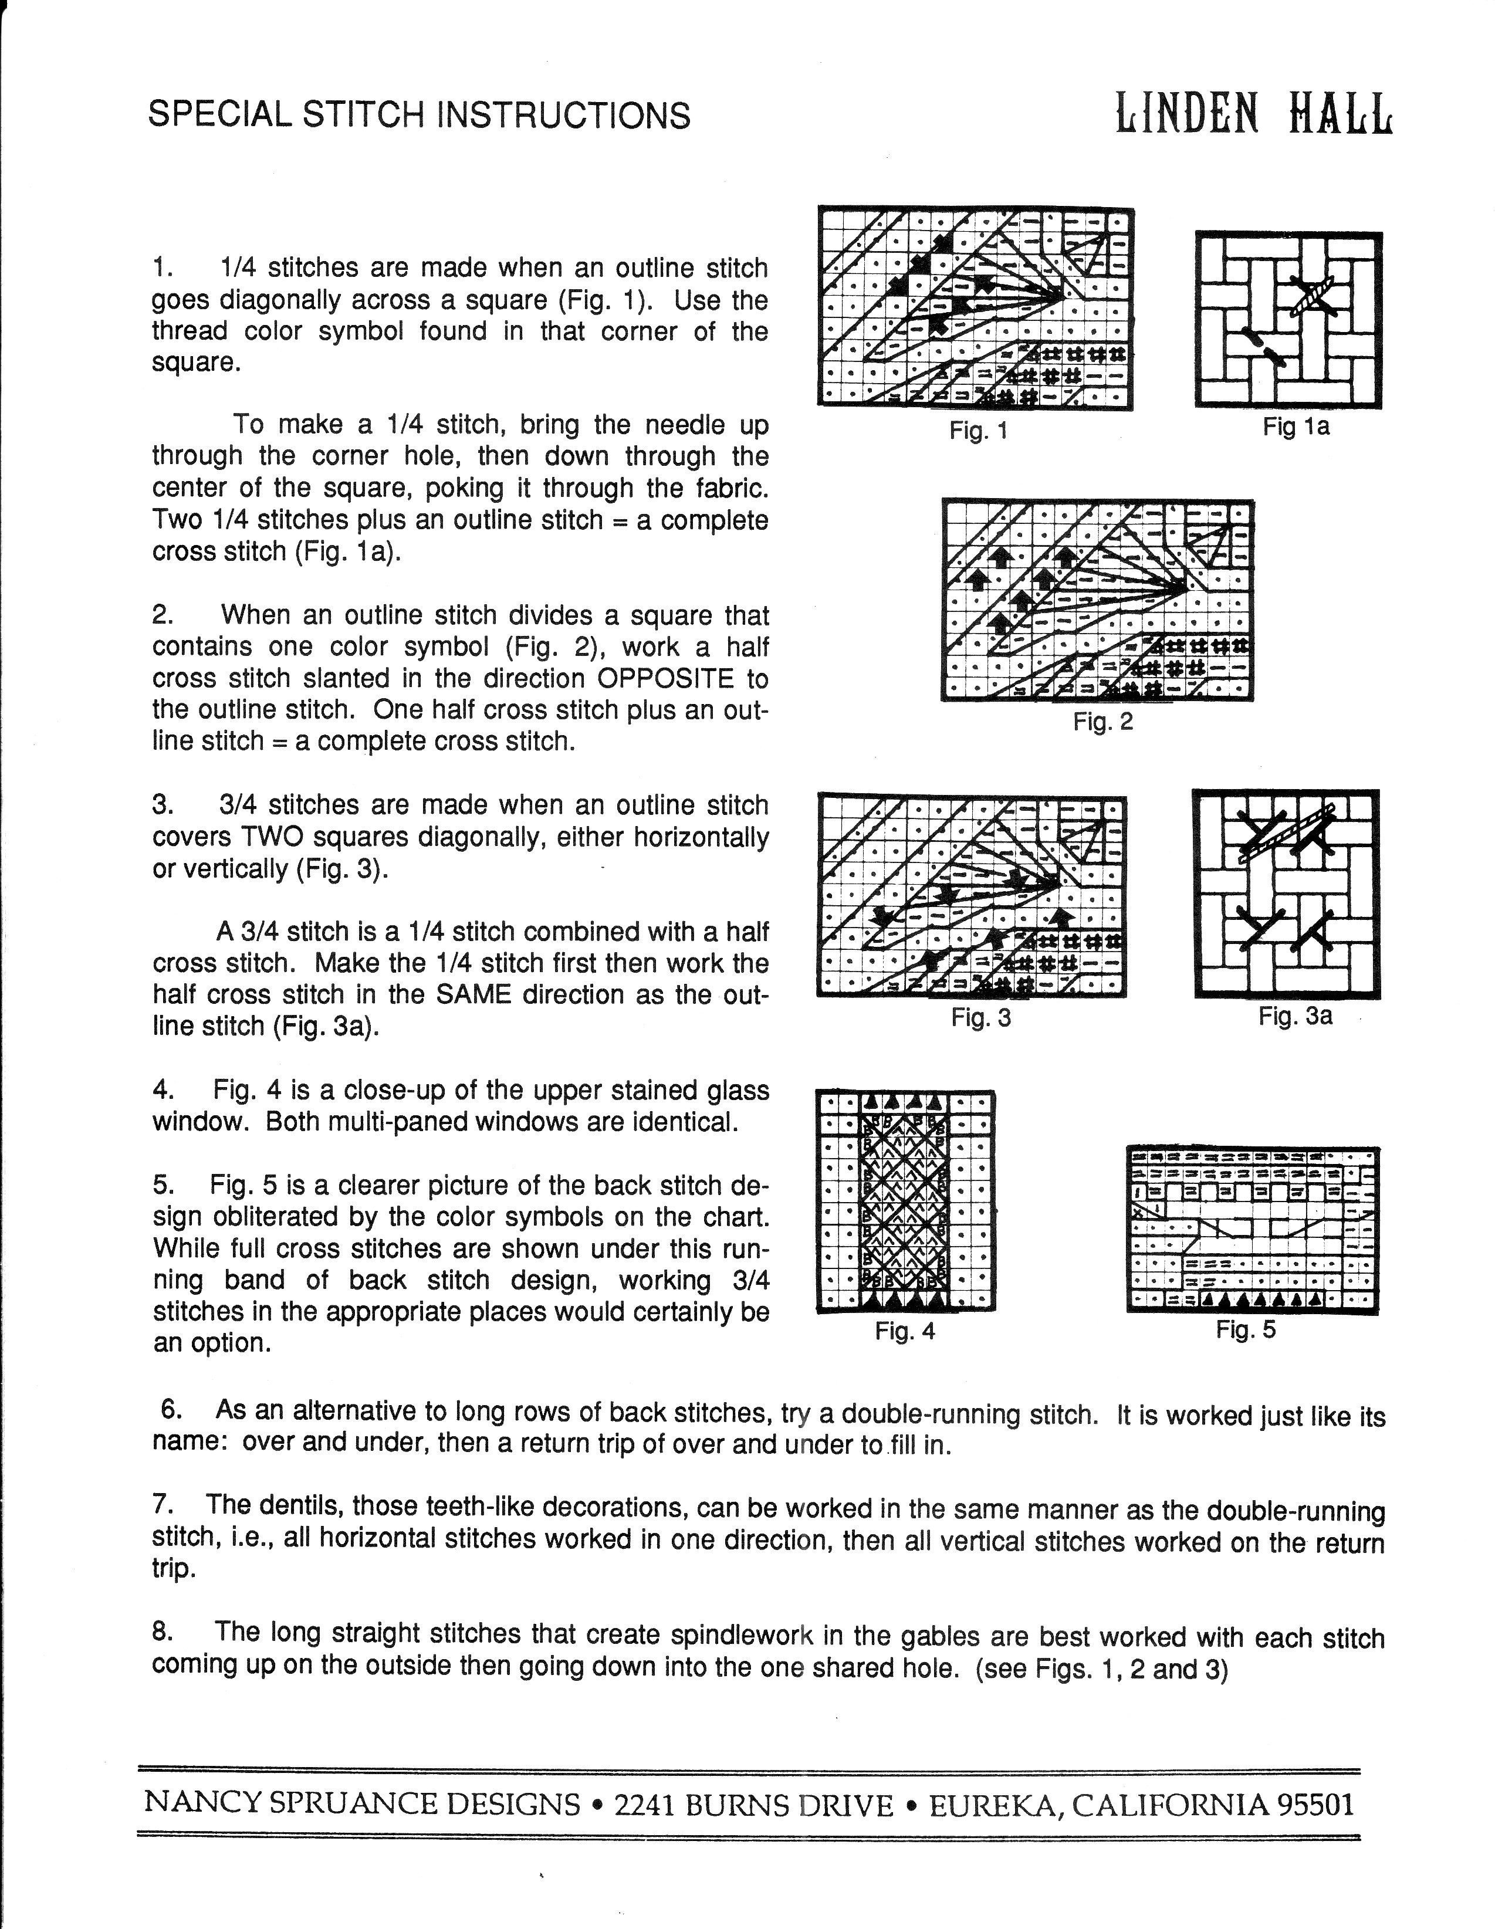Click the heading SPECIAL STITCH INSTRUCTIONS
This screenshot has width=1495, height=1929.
click(x=419, y=116)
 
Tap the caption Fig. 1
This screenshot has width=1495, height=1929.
click(x=978, y=431)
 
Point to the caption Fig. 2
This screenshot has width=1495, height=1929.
click(x=1102, y=722)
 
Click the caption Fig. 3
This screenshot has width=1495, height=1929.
click(x=981, y=1017)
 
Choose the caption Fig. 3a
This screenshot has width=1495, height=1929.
click(x=1296, y=1016)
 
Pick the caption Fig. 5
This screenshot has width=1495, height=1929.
click(x=1246, y=1329)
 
